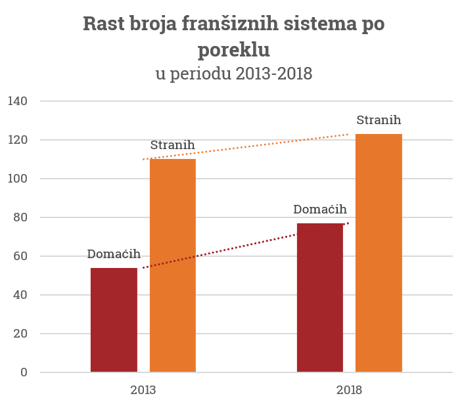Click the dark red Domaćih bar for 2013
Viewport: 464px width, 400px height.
pyautogui.click(x=114, y=320)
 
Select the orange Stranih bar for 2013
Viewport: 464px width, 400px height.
pyautogui.click(x=173, y=265)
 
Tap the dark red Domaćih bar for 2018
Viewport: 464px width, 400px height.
pyautogui.click(x=320, y=298)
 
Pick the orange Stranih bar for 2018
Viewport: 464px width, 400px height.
pyautogui.click(x=379, y=253)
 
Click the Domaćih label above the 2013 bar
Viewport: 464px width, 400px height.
pyautogui.click(x=114, y=254)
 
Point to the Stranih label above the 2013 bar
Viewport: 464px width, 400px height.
pyautogui.click(x=172, y=145)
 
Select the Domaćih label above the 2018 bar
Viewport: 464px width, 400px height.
pyautogui.click(x=320, y=210)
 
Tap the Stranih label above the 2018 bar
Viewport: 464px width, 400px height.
pyautogui.click(x=379, y=120)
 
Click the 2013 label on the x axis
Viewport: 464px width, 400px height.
pyautogui.click(x=143, y=389)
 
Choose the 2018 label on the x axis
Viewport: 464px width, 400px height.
pyautogui.click(x=350, y=389)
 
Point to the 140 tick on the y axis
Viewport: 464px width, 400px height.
pyautogui.click(x=18, y=101)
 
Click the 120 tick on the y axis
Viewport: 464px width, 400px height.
pyautogui.click(x=18, y=140)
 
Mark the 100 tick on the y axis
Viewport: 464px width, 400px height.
pyautogui.click(x=18, y=179)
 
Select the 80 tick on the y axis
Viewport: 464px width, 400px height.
pyautogui.click(x=20, y=217)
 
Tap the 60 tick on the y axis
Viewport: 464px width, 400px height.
pyautogui.click(x=20, y=256)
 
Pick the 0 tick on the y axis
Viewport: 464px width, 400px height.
pyautogui.click(x=24, y=372)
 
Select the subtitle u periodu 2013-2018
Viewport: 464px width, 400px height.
pyautogui.click(x=233, y=74)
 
